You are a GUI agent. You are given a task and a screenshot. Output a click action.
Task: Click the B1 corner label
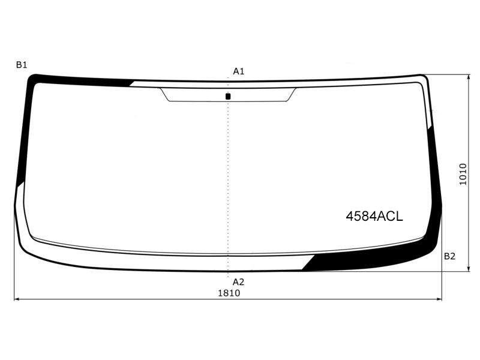(22, 65)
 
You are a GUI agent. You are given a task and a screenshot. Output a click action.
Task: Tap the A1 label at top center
(238, 71)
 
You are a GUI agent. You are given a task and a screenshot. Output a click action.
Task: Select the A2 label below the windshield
(238, 282)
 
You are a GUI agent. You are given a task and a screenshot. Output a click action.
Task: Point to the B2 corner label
(449, 256)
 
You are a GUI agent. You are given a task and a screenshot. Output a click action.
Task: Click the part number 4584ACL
(374, 217)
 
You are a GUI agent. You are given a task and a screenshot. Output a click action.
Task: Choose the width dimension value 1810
(229, 293)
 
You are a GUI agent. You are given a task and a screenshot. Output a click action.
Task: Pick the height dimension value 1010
(463, 174)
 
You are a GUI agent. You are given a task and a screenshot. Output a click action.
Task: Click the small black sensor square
(228, 97)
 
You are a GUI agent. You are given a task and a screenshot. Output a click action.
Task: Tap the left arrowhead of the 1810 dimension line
(17, 299)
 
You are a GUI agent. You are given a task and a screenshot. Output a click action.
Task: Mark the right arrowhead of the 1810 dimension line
(440, 299)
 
